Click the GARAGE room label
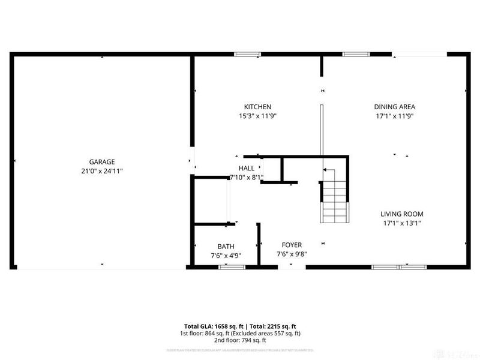click(102, 162)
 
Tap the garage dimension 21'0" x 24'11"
click(102, 171)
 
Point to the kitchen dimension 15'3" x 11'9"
click(257, 116)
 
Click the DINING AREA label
click(394, 107)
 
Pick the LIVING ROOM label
click(402, 214)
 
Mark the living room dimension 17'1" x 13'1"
click(402, 223)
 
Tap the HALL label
click(247, 169)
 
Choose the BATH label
click(226, 247)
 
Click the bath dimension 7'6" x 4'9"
click(226, 256)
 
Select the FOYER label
click(292, 245)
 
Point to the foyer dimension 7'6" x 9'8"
click(292, 254)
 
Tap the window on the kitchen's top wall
click(247, 55)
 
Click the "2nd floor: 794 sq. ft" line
click(239, 341)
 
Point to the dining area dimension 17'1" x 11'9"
click(394, 116)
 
